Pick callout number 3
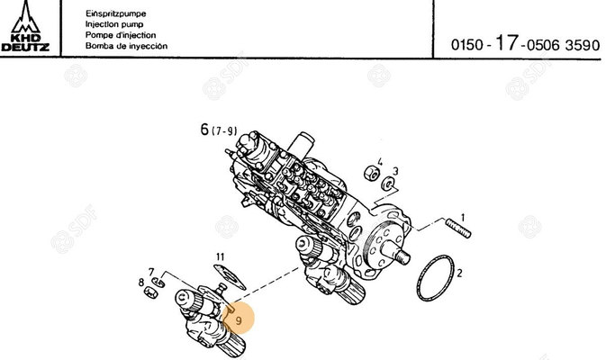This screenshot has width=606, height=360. pos(395,170)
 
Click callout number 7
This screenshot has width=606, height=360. pos(151,271)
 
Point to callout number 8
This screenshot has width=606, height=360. pos(141,282)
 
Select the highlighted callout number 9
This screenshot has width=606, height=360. pos(238,319)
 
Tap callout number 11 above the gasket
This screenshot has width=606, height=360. pos(220,256)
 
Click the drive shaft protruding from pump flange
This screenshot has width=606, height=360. pos(397,257)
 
